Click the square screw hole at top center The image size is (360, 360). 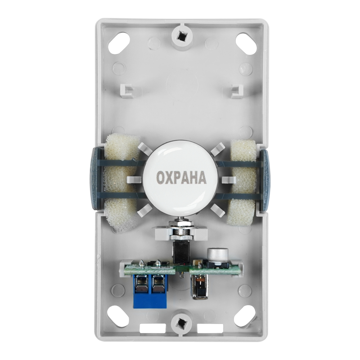182,35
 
